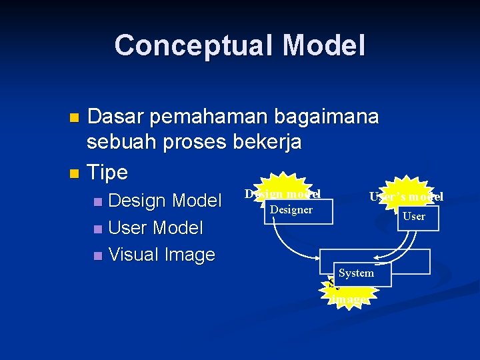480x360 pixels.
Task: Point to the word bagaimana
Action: tap(341, 117)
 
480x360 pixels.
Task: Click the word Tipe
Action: tap(107, 173)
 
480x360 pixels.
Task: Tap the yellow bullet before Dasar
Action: tap(75, 119)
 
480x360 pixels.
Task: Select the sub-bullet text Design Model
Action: tap(165, 200)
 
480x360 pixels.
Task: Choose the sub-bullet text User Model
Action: tap(155, 227)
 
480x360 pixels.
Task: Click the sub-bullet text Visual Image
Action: tap(161, 255)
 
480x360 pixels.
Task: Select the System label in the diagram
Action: tap(356, 273)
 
